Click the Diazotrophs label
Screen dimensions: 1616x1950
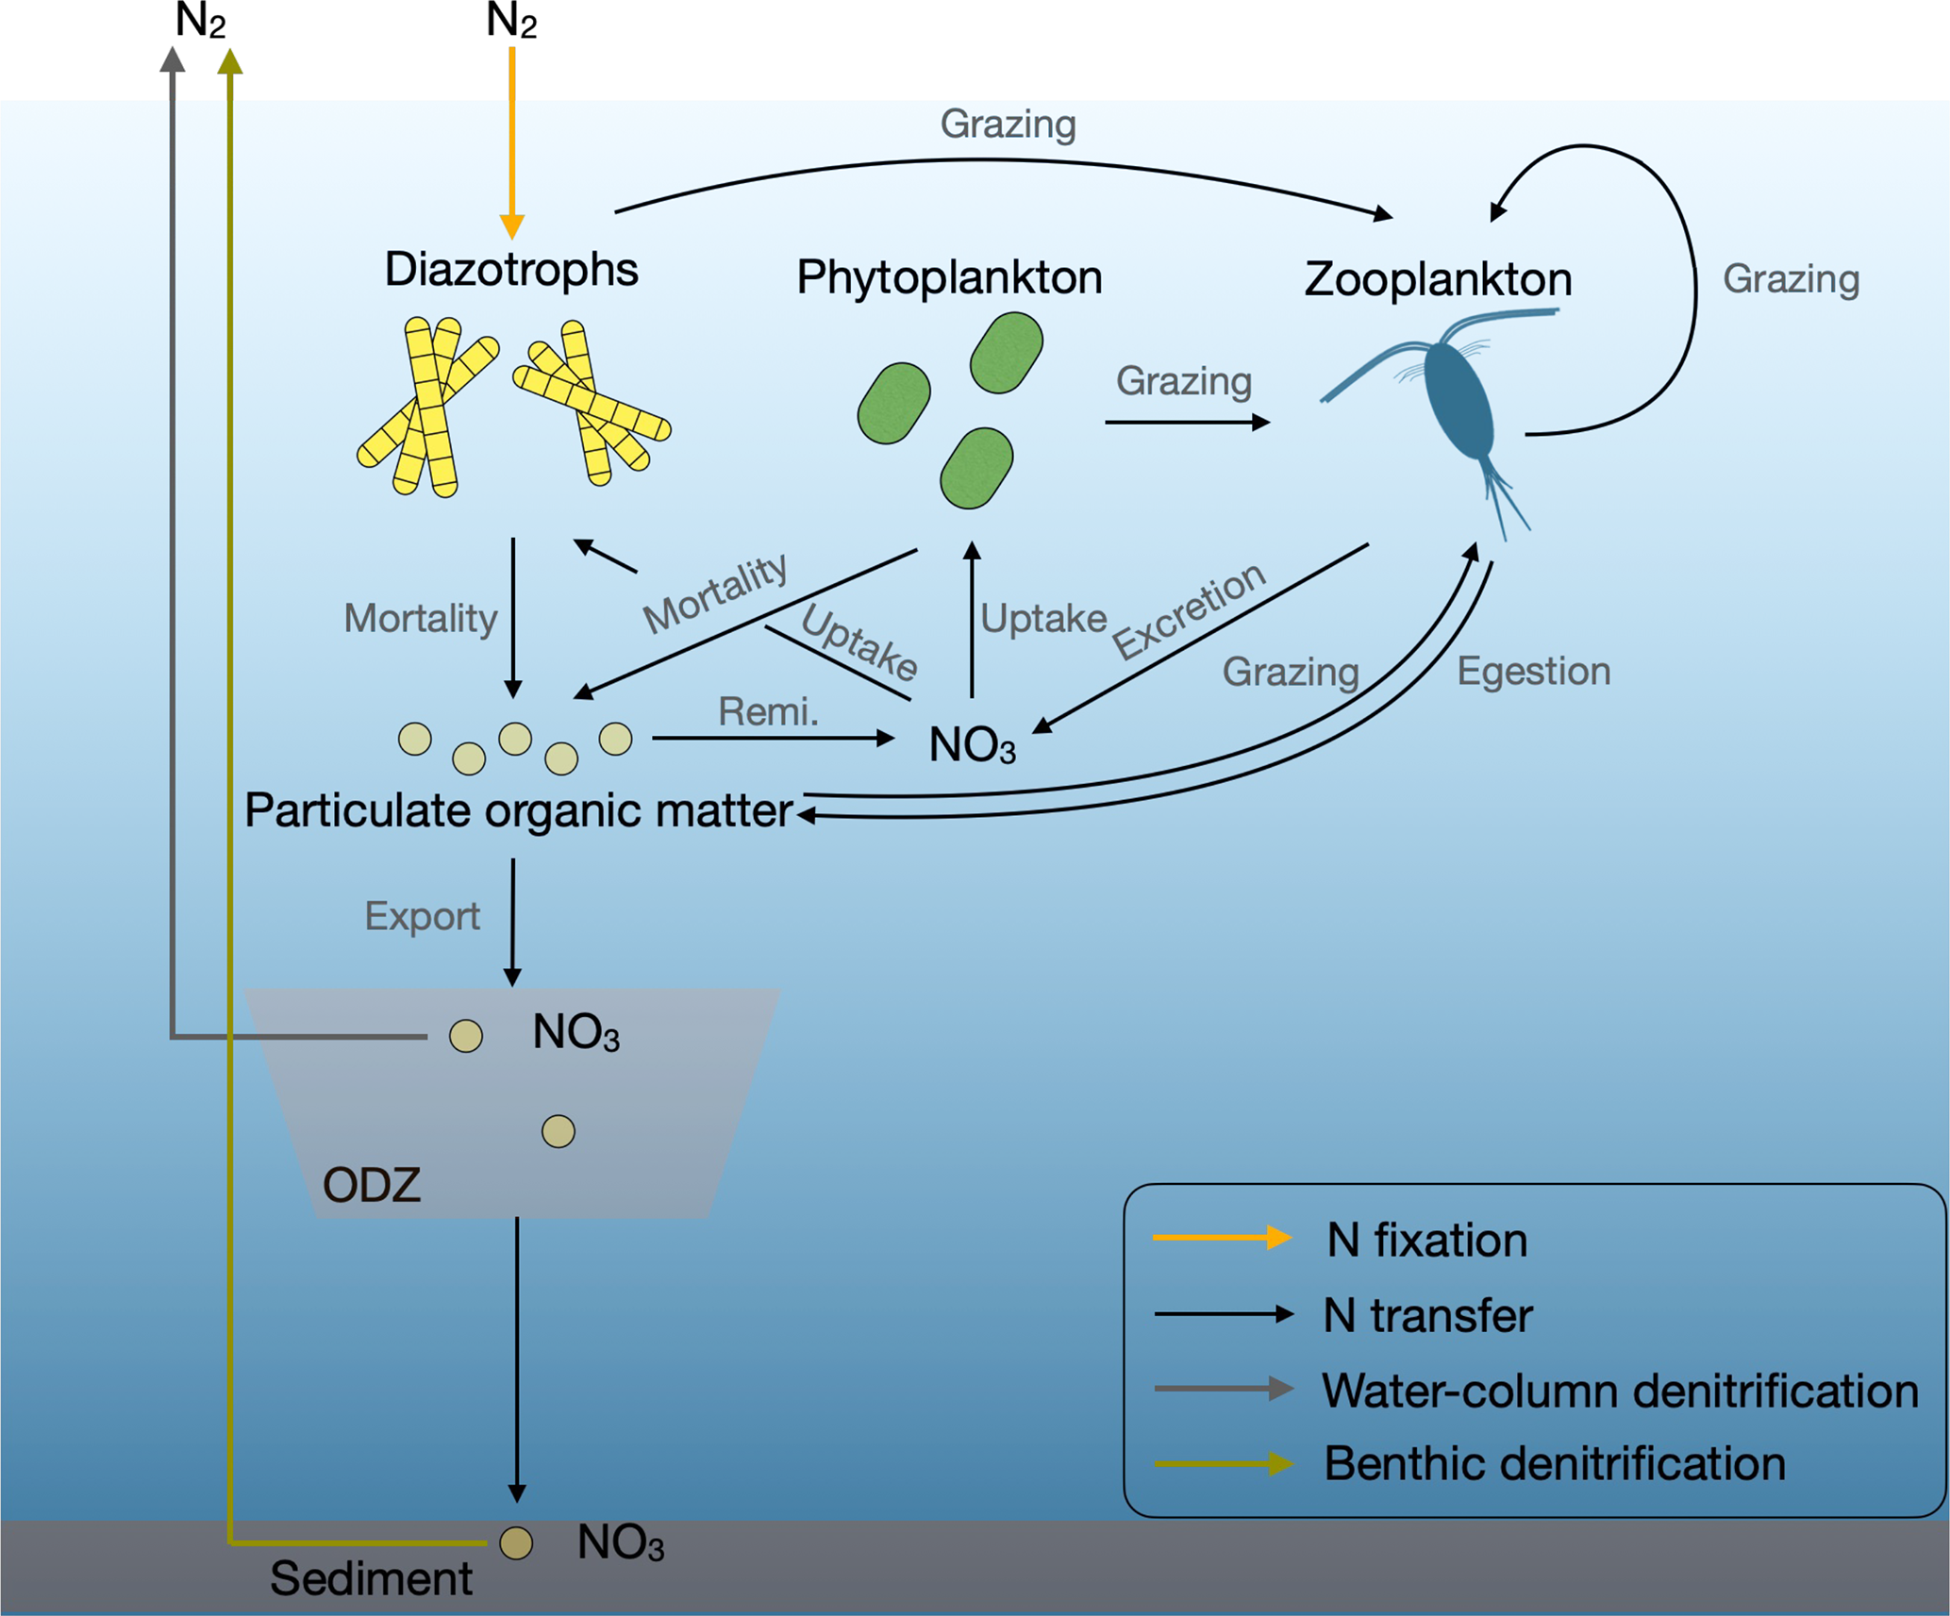pos(510,270)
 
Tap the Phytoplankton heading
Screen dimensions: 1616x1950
pos(948,277)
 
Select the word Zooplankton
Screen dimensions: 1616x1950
pos(1438,279)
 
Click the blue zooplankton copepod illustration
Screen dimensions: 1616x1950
pos(1458,401)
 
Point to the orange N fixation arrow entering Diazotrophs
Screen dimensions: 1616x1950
pos(512,142)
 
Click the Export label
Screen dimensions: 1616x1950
pos(422,916)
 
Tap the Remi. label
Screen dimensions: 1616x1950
pos(768,711)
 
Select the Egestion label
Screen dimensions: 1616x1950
pos(1533,672)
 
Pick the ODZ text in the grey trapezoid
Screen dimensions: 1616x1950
pos(371,1185)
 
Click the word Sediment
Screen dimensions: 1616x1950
pos(371,1578)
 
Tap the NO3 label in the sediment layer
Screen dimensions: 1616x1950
pos(620,1543)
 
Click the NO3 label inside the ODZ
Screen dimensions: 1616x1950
pos(575,1033)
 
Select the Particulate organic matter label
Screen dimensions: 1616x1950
pos(518,810)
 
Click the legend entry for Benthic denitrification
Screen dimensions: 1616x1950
pos(1554,1464)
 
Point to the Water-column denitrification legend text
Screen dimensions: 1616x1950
pos(1619,1391)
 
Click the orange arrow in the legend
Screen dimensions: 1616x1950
pos(1223,1238)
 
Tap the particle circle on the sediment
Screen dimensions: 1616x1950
pos(516,1543)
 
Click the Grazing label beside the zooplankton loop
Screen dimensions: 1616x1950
pos(1791,279)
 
